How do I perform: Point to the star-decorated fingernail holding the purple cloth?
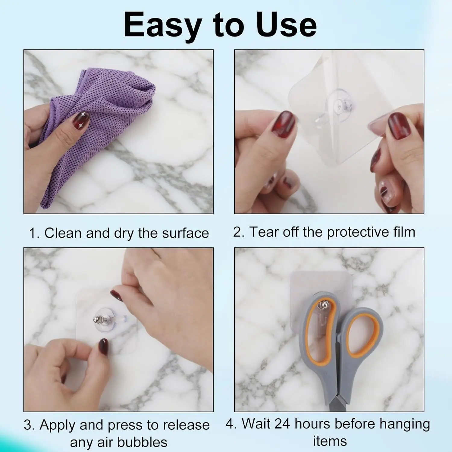pyautogui.click(x=81, y=120)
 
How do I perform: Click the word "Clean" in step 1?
pyautogui.click(x=63, y=233)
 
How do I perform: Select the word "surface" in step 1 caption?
pyautogui.click(x=185, y=233)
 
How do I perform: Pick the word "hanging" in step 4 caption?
pyautogui.click(x=405, y=424)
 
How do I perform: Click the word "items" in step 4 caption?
pyautogui.click(x=330, y=441)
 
